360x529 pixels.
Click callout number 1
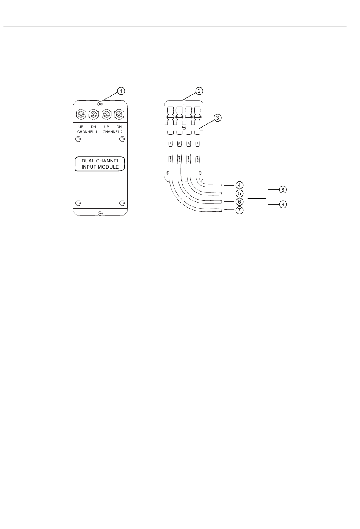(121, 91)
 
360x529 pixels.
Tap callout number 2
(199, 91)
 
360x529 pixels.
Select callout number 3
(217, 118)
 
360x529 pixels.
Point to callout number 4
(239, 185)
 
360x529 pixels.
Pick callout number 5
(239, 193)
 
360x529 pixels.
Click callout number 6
(239, 201)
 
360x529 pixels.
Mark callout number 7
(239, 211)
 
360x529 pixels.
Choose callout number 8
(283, 189)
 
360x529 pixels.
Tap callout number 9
(283, 204)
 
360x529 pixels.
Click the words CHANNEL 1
(87, 131)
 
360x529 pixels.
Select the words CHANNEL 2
(113, 131)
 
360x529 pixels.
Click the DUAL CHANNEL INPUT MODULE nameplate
(100, 164)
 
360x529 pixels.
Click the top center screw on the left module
(100, 104)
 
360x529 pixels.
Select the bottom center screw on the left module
(100, 214)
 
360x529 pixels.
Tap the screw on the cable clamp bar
(184, 128)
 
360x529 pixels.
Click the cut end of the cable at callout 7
(222, 210)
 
